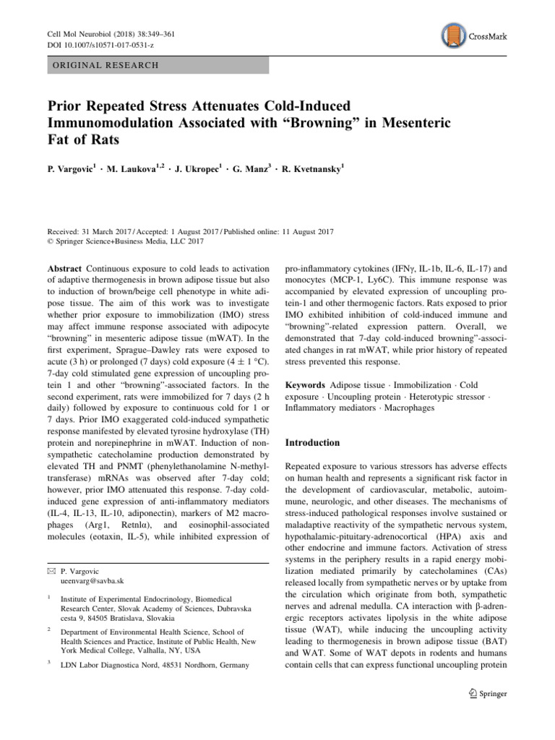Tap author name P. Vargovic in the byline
[x=69, y=169]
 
